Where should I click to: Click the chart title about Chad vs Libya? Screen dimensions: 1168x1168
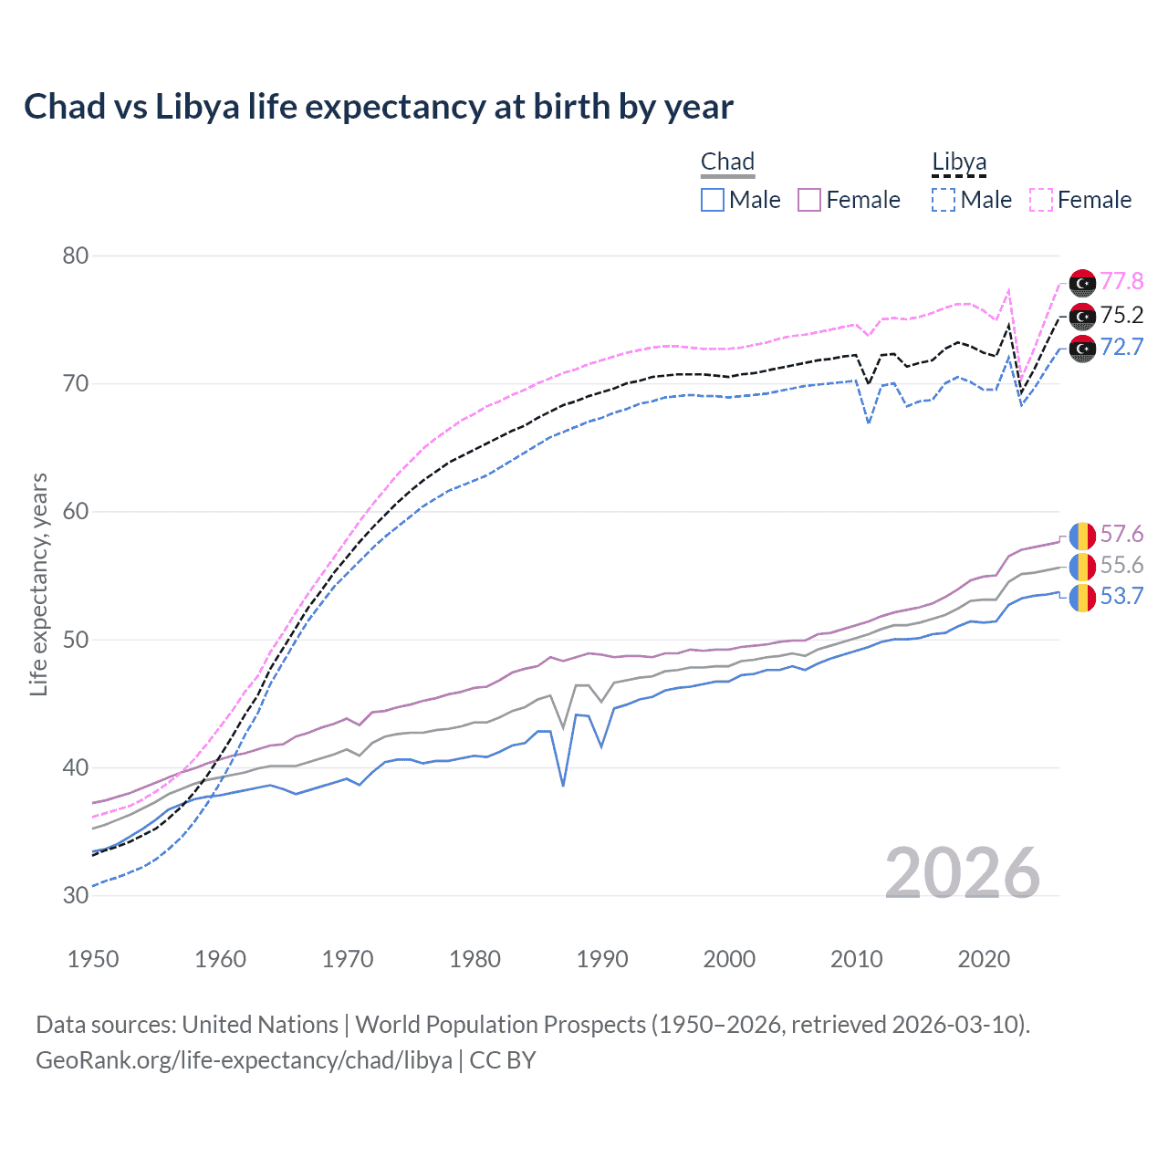tap(378, 107)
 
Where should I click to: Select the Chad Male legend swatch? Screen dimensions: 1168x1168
tap(713, 200)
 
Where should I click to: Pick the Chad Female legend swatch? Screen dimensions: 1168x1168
tap(809, 200)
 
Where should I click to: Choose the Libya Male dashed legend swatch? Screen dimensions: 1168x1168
tap(944, 200)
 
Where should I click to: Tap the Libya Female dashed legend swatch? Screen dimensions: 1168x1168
tap(1041, 200)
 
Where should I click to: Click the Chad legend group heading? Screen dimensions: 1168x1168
tap(727, 162)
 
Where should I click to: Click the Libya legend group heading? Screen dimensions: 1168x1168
tap(959, 162)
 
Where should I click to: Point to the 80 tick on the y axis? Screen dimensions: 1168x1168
tap(76, 255)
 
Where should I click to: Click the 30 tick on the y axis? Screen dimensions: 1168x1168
tap(76, 895)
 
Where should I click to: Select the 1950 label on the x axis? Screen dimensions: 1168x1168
tap(93, 959)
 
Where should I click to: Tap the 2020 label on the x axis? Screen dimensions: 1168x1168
tap(984, 959)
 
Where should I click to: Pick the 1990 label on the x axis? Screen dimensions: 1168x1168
tap(602, 959)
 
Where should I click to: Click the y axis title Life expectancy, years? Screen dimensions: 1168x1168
tap(38, 584)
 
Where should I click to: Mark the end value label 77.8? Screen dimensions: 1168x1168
tap(1121, 281)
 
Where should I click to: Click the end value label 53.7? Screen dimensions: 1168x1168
tap(1121, 597)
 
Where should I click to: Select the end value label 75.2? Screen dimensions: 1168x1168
tap(1121, 315)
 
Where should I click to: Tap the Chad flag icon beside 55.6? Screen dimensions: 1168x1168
tap(1082, 567)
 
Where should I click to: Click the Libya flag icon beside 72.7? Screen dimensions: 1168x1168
tap(1082, 349)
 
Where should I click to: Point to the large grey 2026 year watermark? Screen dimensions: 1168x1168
tap(962, 873)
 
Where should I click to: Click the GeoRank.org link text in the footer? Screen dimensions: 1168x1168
tap(244, 1060)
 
